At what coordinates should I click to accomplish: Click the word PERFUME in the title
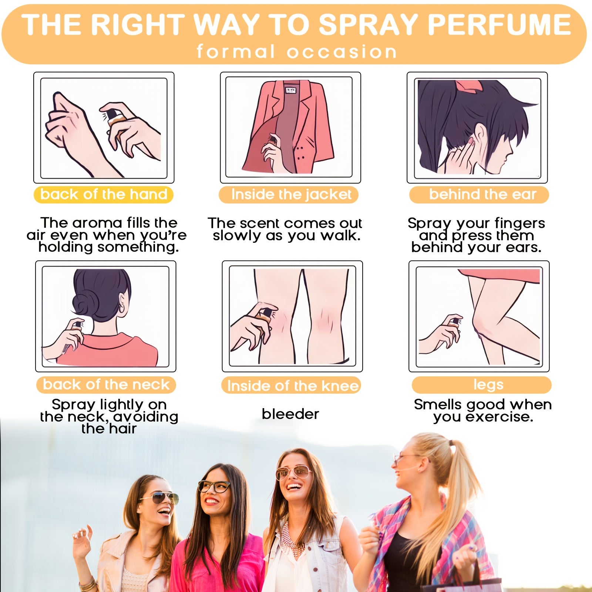coord(499,24)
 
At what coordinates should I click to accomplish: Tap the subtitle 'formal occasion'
coord(297,51)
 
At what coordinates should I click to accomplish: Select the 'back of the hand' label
coord(104,195)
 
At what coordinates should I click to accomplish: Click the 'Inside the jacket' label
coord(291,195)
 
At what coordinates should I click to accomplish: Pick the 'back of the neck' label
coord(106,385)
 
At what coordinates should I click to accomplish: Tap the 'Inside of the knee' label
coord(292,386)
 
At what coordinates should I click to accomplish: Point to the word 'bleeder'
coord(290,414)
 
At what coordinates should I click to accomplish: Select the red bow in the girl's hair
coord(470,85)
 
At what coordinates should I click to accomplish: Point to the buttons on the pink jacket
coord(300,153)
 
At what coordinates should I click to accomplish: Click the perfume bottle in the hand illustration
coord(113,120)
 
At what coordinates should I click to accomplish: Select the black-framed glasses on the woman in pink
coord(215,486)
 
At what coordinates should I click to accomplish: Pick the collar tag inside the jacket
coord(290,90)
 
